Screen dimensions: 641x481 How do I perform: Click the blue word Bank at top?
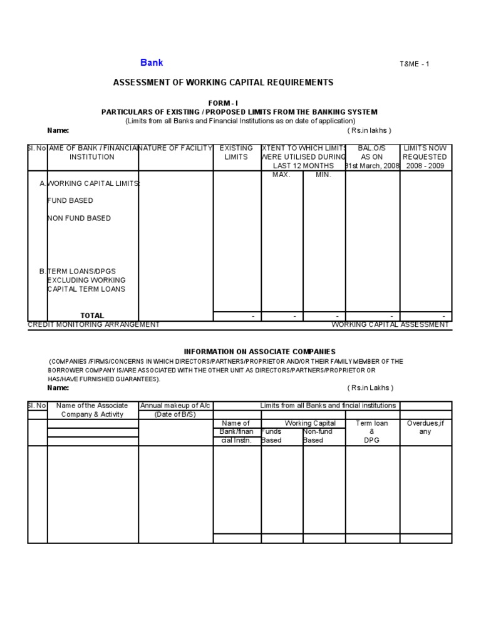tap(152, 63)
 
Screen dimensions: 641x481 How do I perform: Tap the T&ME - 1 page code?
tap(415, 64)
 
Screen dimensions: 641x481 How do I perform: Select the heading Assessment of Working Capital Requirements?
tap(223, 83)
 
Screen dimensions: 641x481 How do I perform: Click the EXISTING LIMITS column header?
tap(237, 153)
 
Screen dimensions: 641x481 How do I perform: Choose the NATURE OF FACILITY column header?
tap(176, 148)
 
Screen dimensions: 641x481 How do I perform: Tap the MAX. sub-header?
tap(281, 175)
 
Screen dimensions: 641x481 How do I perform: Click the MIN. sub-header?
tap(323, 175)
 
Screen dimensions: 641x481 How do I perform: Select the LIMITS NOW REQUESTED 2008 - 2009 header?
tap(425, 157)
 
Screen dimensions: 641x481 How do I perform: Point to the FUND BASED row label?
tap(71, 200)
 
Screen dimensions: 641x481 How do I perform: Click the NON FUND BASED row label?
tap(80, 218)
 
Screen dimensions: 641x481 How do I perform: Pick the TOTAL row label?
tap(92, 315)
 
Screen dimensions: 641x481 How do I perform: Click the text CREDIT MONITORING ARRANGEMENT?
tap(94, 324)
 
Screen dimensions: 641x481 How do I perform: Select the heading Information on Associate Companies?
tap(259, 352)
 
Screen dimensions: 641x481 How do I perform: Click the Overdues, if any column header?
tap(425, 428)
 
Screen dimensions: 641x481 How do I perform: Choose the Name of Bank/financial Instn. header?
tap(236, 432)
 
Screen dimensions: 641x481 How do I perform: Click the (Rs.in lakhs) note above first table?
tap(370, 130)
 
